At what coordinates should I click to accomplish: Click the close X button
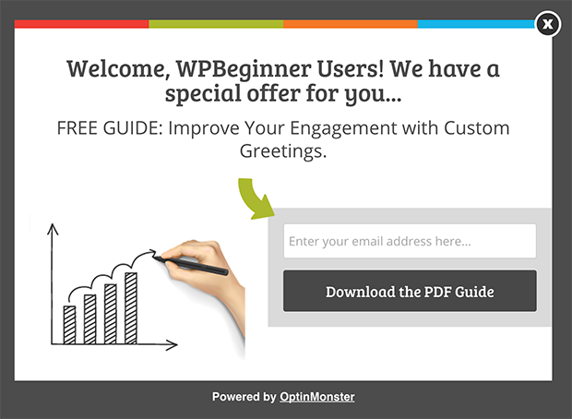(x=548, y=24)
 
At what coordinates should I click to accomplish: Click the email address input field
(x=409, y=241)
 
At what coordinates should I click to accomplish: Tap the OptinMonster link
(x=316, y=397)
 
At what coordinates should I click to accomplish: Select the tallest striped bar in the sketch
(x=131, y=306)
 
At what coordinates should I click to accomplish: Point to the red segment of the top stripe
(x=81, y=24)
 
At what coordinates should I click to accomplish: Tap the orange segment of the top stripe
(x=351, y=24)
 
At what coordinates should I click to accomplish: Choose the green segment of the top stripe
(x=216, y=24)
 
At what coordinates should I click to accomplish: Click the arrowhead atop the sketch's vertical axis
(x=53, y=227)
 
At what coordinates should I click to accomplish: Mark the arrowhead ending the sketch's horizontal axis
(x=173, y=346)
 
